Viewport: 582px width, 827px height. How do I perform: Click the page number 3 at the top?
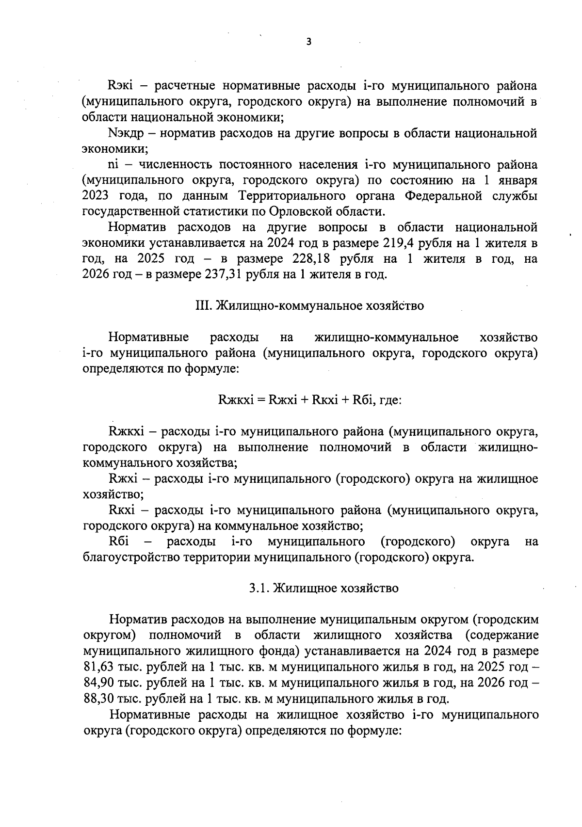309,42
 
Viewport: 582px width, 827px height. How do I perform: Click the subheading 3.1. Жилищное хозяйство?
324,588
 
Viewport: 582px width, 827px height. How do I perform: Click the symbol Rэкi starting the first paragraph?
120,86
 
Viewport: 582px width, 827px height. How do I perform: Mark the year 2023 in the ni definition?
96,196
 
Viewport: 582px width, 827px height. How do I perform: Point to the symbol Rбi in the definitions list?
118,541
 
